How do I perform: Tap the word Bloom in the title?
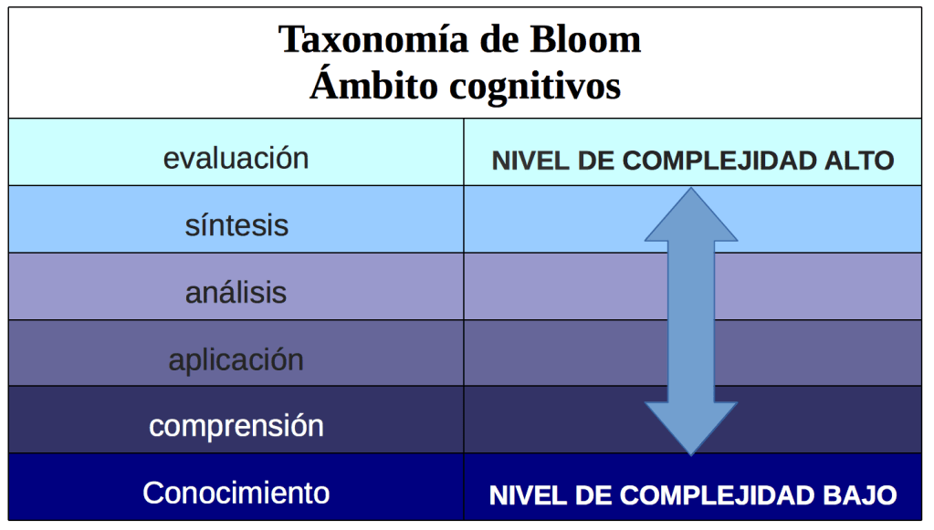click(585, 40)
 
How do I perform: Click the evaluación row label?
click(236, 158)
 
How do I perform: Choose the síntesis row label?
click(236, 225)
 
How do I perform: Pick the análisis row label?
click(236, 293)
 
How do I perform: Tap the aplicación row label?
click(236, 359)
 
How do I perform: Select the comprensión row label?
click(236, 426)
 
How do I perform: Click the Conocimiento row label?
click(236, 493)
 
